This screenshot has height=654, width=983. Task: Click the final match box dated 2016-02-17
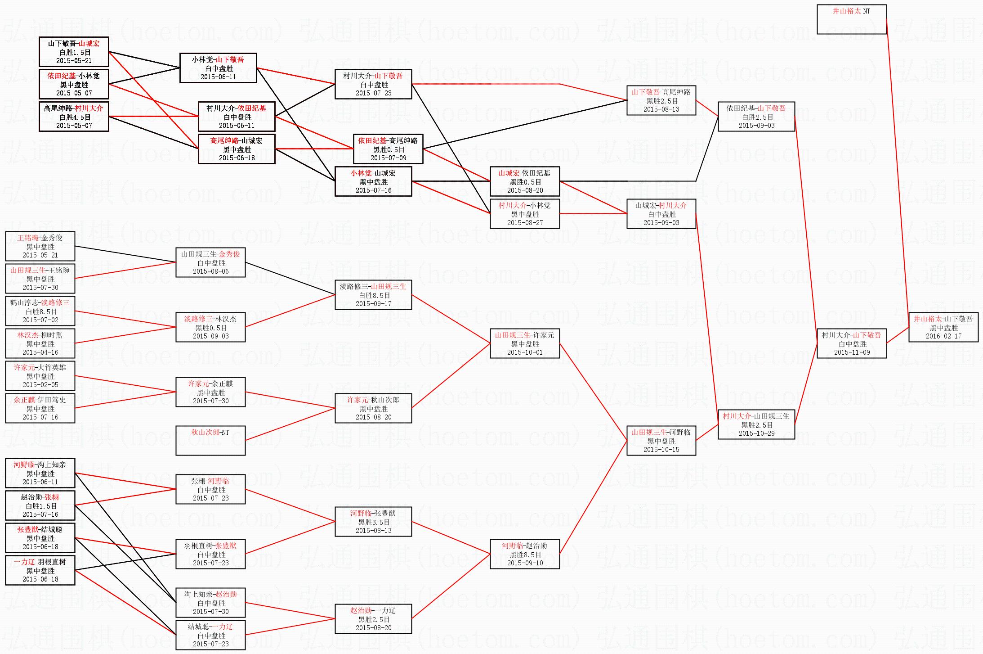tap(943, 327)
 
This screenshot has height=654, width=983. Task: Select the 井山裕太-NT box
tap(851, 19)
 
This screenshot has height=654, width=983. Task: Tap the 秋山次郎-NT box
tap(210, 440)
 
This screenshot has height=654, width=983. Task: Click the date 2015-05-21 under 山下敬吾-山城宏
tap(74, 61)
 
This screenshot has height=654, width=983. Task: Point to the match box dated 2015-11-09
tap(851, 343)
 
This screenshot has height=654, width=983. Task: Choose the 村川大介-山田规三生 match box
tap(756, 424)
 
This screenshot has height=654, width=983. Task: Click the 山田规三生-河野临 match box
tap(661, 441)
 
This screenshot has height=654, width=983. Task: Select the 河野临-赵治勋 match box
tap(524, 554)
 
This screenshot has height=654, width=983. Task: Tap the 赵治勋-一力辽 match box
tap(373, 619)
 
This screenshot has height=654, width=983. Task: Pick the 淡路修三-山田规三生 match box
tap(373, 295)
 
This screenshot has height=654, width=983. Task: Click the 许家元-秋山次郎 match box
tap(373, 408)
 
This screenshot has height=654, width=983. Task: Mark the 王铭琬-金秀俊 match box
tap(40, 246)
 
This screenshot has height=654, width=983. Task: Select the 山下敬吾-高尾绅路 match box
tap(661, 100)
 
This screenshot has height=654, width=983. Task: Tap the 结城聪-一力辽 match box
tap(210, 635)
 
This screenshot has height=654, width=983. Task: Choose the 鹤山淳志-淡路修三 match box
tap(40, 311)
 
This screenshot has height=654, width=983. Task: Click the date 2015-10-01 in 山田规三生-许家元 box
tap(524, 352)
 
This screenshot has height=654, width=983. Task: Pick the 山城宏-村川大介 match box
tap(661, 214)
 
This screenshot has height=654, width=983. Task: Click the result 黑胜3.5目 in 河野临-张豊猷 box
tap(373, 522)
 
